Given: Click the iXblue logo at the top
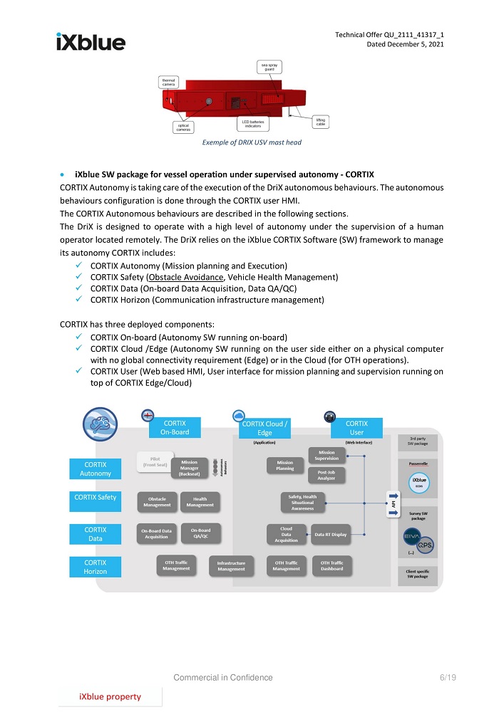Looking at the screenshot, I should click(91, 42).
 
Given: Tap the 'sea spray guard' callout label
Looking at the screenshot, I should click(269, 68).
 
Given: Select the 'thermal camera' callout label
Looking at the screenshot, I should click(169, 82).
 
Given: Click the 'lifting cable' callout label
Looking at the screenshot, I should click(320, 122).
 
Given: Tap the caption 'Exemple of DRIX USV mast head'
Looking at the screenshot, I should click(252, 142).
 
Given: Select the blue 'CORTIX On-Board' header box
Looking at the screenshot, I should click(174, 427).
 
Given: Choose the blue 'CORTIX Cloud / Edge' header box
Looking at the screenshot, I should click(264, 428).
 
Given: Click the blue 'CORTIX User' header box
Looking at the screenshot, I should click(356, 427).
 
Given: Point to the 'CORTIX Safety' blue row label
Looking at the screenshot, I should click(96, 497).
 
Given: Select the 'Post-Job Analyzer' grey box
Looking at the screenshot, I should click(326, 475).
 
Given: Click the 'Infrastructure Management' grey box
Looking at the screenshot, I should click(231, 566).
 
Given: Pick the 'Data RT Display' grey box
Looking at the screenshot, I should click(329, 534).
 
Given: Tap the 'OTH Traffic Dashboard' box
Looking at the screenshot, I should click(331, 565).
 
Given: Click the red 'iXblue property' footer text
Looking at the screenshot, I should click(110, 696).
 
